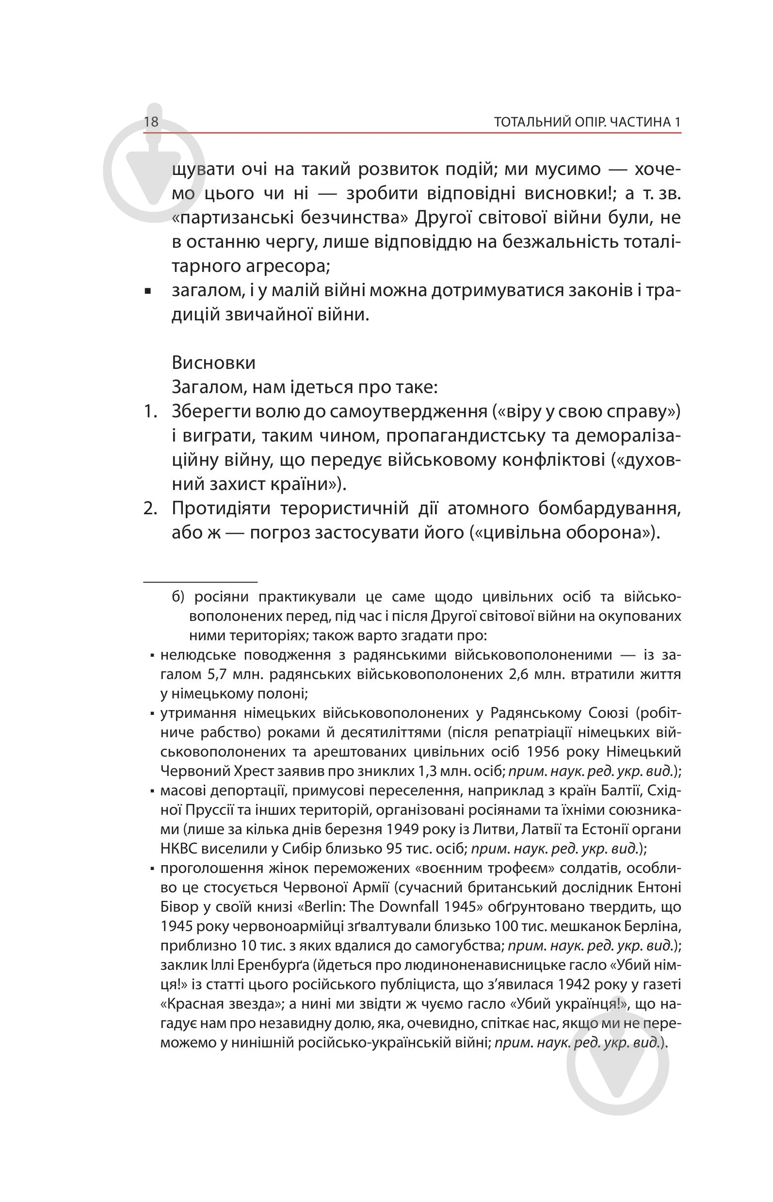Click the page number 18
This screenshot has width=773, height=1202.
coord(151,121)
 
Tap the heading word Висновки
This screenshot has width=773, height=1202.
coord(213,362)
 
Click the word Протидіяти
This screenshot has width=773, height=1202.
coord(221,508)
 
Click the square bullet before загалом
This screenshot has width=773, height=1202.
coord(147,291)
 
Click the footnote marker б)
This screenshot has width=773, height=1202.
coord(178,597)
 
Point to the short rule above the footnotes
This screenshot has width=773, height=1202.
coord(200,582)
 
